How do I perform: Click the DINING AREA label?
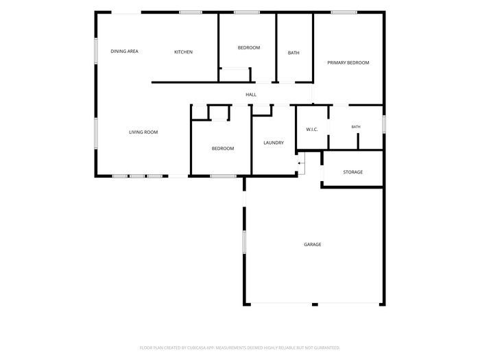pos(124,51)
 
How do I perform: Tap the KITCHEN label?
pos(183,52)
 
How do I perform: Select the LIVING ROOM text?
pos(143,132)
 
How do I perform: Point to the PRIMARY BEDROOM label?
pos(348,63)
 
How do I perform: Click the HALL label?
pos(251,95)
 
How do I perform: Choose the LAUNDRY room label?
pos(274,143)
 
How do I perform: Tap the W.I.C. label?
pos(311,130)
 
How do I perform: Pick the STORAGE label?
pos(352,172)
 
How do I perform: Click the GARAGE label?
pos(312,244)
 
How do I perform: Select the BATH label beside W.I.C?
pos(356,127)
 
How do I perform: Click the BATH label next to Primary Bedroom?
pos(293,53)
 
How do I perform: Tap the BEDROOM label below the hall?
pos(223,149)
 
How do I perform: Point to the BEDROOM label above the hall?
pos(248,48)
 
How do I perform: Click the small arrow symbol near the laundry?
pos(302,163)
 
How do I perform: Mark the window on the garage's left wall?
pos(244,242)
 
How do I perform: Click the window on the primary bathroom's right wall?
pos(384,124)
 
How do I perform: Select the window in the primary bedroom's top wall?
pos(344,12)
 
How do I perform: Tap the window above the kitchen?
pos(191,12)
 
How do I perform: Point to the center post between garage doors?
pos(315,304)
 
